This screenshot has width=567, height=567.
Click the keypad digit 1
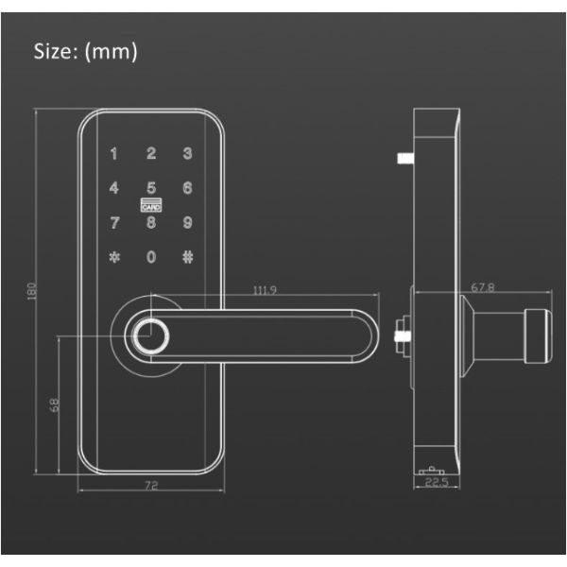pos(114,153)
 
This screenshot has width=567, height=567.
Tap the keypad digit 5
pos(151,188)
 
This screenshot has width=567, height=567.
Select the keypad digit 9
pos(187,222)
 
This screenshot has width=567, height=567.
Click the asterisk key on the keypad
pos(114,257)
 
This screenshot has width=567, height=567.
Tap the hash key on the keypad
pos(188,257)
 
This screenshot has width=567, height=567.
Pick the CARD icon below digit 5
pos(151,205)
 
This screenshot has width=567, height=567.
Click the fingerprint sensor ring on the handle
pos(150,336)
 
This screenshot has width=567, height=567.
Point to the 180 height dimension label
pos(32,291)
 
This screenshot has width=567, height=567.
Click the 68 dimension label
pos(54,405)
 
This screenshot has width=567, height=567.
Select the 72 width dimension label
pos(151,486)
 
